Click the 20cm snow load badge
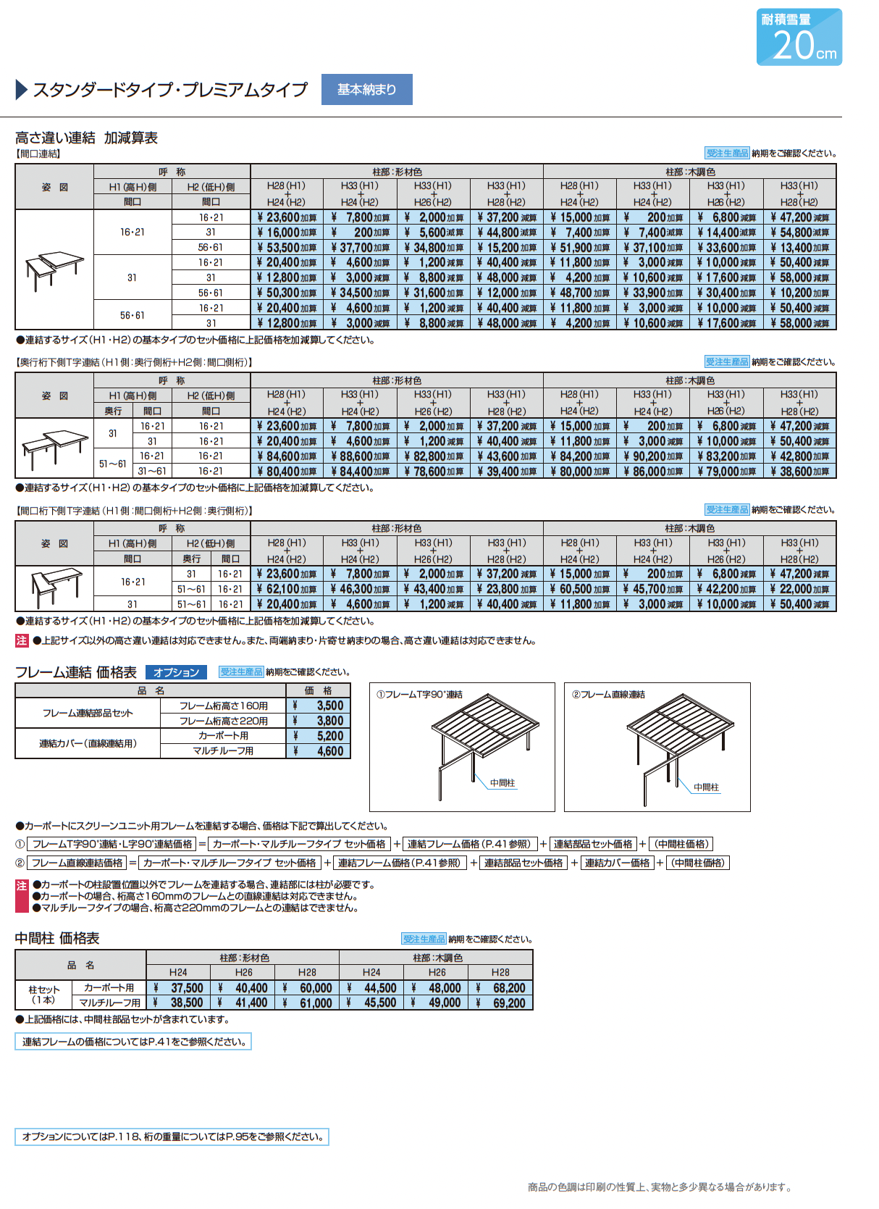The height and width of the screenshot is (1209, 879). tap(799, 37)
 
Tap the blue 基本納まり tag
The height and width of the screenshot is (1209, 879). tap(366, 90)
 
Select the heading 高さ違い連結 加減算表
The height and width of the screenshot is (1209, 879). tap(86, 138)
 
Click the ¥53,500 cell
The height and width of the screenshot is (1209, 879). tap(287, 248)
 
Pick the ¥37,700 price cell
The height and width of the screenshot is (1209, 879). tap(360, 248)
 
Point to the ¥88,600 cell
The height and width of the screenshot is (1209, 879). tap(360, 456)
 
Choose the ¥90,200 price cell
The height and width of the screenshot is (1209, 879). tap(652, 456)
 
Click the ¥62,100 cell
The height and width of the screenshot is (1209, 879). tap(287, 589)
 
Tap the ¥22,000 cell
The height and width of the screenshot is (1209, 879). tap(799, 589)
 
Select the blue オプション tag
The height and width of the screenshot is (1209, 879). tap(176, 672)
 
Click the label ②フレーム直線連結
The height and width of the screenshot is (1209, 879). tap(608, 695)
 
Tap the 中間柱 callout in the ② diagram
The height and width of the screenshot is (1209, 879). tap(706, 787)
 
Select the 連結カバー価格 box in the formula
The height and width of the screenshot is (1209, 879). tap(617, 863)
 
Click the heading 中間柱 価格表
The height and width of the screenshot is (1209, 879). tap(57, 938)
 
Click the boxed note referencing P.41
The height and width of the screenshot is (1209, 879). tap(133, 1042)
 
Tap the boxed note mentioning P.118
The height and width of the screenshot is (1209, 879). tap(172, 1137)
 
